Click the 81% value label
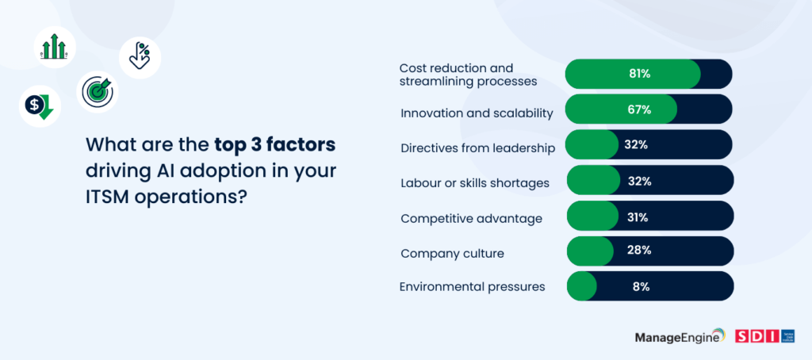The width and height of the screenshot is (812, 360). point(640,74)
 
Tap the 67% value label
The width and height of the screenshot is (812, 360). point(640,109)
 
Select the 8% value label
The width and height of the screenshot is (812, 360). point(641,286)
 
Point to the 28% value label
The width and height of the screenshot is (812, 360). point(640,251)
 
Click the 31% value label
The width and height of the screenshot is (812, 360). point(638,217)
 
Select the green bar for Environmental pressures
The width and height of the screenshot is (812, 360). point(581,286)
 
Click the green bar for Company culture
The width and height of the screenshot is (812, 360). point(590,251)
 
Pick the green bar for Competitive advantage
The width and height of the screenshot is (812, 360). point(592,216)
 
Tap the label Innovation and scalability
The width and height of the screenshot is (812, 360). point(477,113)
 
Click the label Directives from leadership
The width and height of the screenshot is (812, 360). point(478,148)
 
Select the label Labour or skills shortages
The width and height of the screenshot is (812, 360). point(475,183)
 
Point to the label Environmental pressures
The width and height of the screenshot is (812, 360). point(473,286)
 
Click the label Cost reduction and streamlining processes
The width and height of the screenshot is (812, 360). point(468,75)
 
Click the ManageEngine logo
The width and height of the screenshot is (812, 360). point(680,336)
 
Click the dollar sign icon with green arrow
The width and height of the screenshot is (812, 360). point(40,106)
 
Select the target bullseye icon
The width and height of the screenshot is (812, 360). point(98,92)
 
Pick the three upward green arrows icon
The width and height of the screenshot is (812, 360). point(55,47)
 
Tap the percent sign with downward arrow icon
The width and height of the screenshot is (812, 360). point(140,57)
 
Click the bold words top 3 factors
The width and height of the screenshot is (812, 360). point(275,144)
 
